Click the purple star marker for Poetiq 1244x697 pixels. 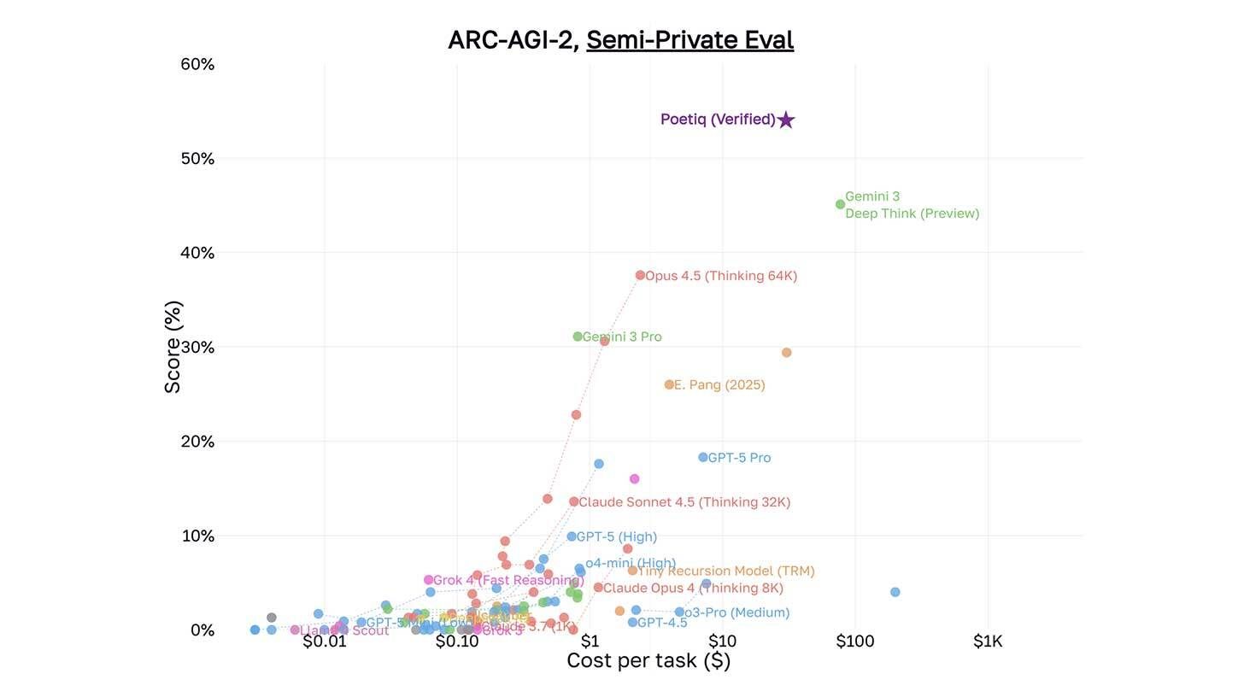786,120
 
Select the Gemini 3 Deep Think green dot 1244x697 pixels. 840,204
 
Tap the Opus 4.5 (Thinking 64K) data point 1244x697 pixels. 640,275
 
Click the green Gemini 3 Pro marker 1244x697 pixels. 578,337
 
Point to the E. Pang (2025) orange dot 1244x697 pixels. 669,385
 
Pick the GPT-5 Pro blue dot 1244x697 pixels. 702,458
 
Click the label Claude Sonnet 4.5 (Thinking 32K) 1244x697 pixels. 684,502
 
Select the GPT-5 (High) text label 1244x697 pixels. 616,537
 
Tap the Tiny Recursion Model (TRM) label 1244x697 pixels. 725,571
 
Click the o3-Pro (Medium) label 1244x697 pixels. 736,612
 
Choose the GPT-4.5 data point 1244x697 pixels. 632,623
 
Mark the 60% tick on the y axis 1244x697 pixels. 197,65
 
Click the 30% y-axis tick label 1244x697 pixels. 197,348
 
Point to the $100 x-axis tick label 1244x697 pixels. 854,641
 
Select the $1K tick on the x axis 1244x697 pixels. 988,641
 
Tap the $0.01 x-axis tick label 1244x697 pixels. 325,641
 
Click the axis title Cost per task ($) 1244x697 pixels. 648,661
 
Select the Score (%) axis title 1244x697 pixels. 173,347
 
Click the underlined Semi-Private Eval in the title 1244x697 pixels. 689,40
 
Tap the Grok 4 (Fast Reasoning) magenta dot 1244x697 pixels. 428,580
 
